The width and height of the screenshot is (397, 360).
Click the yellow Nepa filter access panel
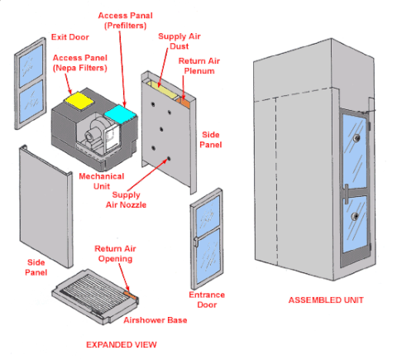click(79, 101)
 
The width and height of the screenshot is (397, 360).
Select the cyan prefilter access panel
click(120, 113)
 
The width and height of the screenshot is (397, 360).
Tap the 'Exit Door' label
click(70, 37)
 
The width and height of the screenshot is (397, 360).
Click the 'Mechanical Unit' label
click(102, 181)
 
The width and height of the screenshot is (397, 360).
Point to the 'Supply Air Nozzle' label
click(126, 199)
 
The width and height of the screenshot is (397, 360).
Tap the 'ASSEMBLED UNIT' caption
click(326, 300)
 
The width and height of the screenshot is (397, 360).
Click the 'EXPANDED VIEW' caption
click(122, 345)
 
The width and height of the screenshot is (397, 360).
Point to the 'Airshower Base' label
click(155, 320)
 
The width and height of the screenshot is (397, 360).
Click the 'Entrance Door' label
click(207, 300)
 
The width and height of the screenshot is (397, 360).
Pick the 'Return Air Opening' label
click(115, 254)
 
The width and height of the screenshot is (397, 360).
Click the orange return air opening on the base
click(131, 295)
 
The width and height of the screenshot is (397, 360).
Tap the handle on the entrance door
click(196, 242)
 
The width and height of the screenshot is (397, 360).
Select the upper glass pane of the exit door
click(31, 66)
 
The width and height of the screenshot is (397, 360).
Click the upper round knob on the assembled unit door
click(357, 137)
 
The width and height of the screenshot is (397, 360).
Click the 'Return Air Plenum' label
click(199, 66)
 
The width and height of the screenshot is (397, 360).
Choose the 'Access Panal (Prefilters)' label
click(125, 21)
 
